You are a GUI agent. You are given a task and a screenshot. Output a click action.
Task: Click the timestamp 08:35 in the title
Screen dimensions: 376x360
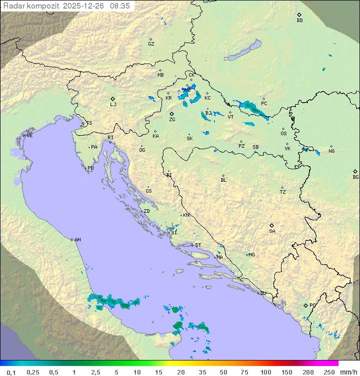click(120, 6)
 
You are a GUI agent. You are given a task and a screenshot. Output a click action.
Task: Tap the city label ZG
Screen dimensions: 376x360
click(172, 120)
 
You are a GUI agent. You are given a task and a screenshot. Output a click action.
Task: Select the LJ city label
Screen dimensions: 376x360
click(113, 105)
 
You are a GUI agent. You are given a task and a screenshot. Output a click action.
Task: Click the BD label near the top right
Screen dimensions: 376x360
click(299, 21)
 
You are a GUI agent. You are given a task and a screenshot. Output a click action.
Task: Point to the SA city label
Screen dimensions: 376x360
click(272, 231)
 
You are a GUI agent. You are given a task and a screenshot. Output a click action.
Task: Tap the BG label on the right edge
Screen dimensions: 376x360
click(355, 177)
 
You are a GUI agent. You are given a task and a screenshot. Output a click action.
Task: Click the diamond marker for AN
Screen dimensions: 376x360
click(72, 239)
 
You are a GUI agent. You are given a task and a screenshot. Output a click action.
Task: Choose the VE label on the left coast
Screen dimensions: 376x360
click(29, 136)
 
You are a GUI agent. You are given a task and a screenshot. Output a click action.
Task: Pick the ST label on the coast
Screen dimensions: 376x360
click(198, 245)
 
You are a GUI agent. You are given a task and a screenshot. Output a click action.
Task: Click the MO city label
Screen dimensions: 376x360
click(251, 255)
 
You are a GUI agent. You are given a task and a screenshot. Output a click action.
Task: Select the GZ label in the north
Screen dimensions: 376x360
click(151, 44)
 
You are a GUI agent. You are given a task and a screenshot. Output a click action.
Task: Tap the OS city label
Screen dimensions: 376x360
click(283, 134)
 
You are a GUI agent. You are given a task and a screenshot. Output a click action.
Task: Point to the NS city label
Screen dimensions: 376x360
click(331, 151)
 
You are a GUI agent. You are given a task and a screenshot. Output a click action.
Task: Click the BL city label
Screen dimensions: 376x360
click(223, 180)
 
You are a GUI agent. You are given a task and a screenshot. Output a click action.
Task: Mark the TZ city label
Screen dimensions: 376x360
click(283, 192)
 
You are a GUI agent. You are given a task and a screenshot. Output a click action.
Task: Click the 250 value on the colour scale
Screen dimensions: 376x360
click(328, 372)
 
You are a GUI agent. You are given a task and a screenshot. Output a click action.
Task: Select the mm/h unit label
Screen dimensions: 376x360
click(348, 372)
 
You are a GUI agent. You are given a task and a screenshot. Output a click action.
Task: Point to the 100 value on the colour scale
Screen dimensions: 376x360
click(265, 372)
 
